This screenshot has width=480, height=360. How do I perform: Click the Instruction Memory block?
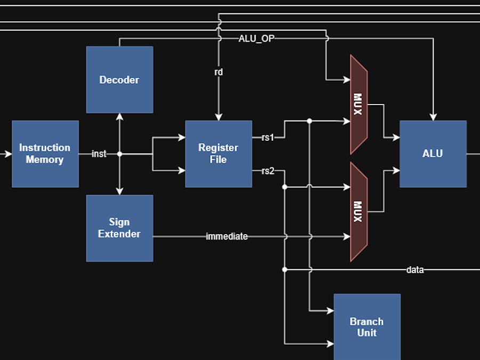pos(45,154)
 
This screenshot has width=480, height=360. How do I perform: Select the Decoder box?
pos(119,79)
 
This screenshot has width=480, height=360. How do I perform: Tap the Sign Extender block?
pos(119,228)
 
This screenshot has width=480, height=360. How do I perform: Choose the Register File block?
pos(219,154)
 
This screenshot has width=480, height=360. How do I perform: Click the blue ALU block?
pos(433,154)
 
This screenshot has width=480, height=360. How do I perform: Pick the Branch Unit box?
pos(367,327)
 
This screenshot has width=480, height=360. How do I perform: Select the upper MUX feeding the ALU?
pos(358,104)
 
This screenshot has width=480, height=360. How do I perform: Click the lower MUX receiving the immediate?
pos(358,212)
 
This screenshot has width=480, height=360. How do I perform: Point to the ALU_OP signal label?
pos(257,38)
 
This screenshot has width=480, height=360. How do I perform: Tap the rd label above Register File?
pos(218,72)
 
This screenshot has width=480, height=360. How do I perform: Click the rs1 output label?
pos(267,138)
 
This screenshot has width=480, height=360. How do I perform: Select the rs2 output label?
pos(267,171)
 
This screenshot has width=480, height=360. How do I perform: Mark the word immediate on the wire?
pos(227,236)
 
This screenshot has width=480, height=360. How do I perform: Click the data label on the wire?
pos(415,270)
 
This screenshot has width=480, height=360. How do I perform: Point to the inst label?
pos(99,154)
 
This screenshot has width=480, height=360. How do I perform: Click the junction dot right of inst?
pos(119,154)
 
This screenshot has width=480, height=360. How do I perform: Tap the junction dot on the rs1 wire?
pos(309,121)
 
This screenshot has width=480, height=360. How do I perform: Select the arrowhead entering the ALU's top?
pos(433,117)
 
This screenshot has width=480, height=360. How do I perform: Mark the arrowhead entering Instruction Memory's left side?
pos(8,154)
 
